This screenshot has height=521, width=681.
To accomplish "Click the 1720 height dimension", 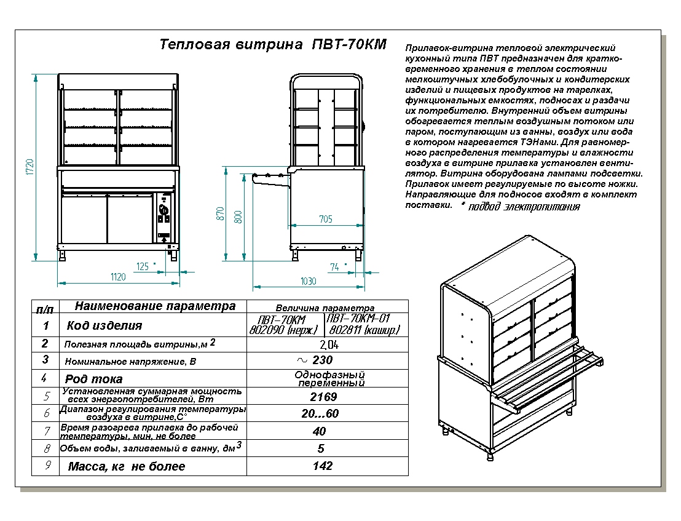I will pyautogui.click(x=29, y=166).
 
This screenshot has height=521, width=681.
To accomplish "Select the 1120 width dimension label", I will pyautogui.click(x=117, y=277).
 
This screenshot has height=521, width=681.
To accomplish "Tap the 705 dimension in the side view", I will pyautogui.click(x=325, y=219).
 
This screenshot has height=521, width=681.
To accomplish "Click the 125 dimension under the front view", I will pyautogui.click(x=143, y=266).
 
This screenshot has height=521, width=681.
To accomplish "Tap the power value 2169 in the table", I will pyautogui.click(x=323, y=397).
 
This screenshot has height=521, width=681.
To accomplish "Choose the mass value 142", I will pyautogui.click(x=323, y=466).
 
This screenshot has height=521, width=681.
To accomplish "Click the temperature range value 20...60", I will pyautogui.click(x=320, y=413).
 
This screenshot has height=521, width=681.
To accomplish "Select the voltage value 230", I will pyautogui.click(x=323, y=360).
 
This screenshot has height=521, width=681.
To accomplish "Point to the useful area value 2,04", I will pyautogui.click(x=329, y=344).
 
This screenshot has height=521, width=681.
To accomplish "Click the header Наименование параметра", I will pyautogui.click(x=154, y=306).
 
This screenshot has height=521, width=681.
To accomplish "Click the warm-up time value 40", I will pyautogui.click(x=320, y=431).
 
